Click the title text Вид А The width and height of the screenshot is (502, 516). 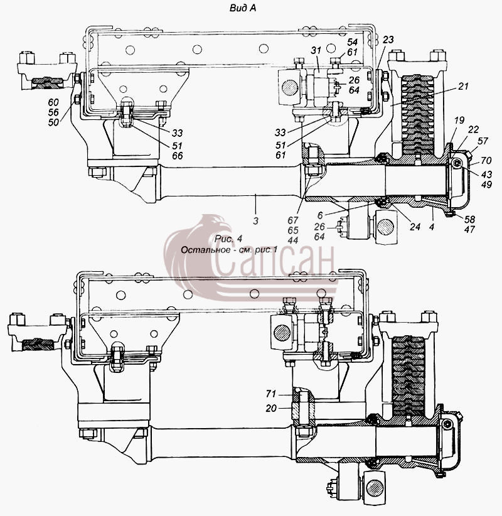point(242,8)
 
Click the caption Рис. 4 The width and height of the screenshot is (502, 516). point(228,239)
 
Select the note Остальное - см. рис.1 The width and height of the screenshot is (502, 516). point(229,250)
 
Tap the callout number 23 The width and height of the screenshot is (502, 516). point(388,40)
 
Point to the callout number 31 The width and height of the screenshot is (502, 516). point(316,50)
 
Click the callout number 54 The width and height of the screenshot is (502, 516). point(352,42)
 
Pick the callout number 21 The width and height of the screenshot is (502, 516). point(463,86)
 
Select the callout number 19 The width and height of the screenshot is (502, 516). point(459,120)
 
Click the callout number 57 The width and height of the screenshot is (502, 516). point(483,141)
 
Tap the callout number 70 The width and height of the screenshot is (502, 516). point(486,161)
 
